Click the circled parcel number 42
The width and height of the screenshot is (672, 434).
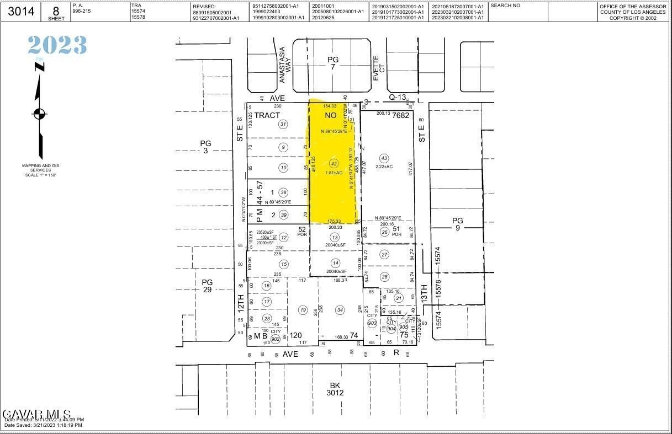pyautogui.click(x=334, y=164)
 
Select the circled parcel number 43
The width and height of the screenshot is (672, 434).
pyautogui.click(x=384, y=158)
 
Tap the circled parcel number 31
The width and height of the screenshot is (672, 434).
pyautogui.click(x=283, y=124)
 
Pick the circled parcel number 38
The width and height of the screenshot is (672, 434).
pyautogui.click(x=283, y=192)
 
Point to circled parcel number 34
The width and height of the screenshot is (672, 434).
pyautogui.click(x=340, y=310)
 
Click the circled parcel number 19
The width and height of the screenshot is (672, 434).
pyautogui.click(x=303, y=310)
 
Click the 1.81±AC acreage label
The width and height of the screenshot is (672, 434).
pyautogui.click(x=334, y=173)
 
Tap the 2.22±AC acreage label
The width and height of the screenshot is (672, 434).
pyautogui.click(x=384, y=167)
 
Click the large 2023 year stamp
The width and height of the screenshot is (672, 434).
pyautogui.click(x=57, y=45)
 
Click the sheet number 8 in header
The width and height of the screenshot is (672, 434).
pyautogui.click(x=56, y=10)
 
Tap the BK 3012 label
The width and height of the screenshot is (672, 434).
pyautogui.click(x=335, y=389)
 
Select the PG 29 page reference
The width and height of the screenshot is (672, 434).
pyautogui.click(x=207, y=286)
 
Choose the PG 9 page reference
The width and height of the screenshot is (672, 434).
pyautogui.click(x=458, y=224)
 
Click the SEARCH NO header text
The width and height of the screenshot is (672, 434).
pyautogui.click(x=505, y=5)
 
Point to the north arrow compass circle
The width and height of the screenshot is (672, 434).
pyautogui.click(x=39, y=114)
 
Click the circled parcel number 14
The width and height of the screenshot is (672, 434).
pyautogui.click(x=335, y=263)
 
